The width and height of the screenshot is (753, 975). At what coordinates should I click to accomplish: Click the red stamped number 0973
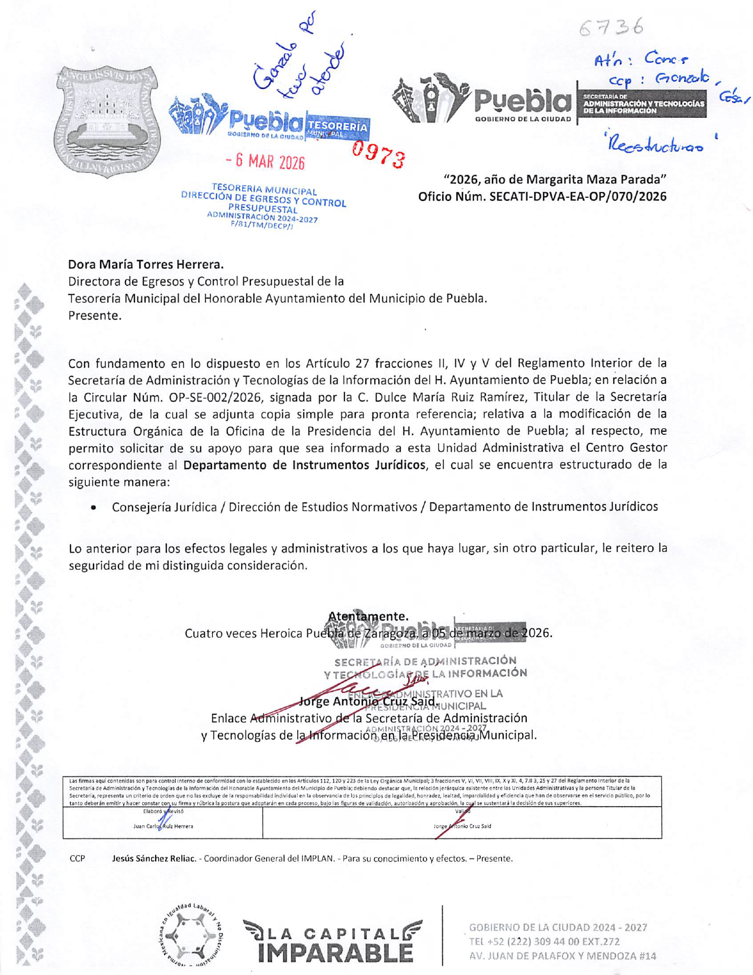click(x=378, y=155)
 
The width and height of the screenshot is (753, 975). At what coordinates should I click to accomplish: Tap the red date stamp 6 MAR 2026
click(x=266, y=161)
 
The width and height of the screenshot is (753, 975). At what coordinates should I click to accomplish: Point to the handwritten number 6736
click(x=612, y=27)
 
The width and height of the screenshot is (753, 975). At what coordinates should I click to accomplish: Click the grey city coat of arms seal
click(x=107, y=120)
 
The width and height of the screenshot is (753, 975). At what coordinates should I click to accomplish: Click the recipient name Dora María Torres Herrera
click(x=146, y=264)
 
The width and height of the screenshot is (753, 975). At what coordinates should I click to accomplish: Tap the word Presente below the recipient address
click(x=95, y=315)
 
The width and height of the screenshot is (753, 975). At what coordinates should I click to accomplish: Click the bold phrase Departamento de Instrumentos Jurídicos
click(x=304, y=465)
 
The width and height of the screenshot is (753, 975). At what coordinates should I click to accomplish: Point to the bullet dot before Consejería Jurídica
click(x=94, y=508)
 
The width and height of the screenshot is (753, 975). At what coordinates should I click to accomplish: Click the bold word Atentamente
click(x=368, y=616)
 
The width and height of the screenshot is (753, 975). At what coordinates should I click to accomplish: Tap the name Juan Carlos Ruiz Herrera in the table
click(x=163, y=826)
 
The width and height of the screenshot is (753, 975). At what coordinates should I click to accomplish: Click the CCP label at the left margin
click(x=78, y=858)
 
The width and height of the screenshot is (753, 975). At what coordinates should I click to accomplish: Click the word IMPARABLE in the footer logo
click(x=335, y=952)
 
